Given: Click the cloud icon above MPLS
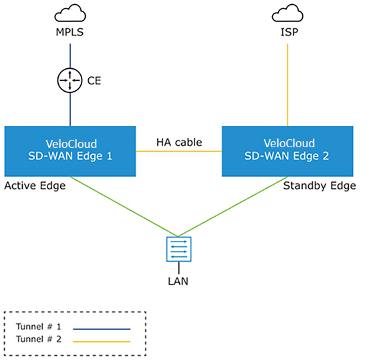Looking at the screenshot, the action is (x=70, y=13).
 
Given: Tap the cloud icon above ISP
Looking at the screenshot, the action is (x=287, y=13).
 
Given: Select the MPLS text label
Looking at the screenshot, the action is (x=70, y=32).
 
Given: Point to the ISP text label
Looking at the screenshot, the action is (x=289, y=32).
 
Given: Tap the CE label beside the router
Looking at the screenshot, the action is (x=94, y=81).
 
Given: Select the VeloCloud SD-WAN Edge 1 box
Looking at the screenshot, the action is (x=70, y=151).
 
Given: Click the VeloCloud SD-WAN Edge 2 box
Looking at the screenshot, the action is (x=287, y=151).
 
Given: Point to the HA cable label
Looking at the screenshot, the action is (x=179, y=143).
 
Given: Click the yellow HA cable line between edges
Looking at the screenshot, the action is (x=179, y=151).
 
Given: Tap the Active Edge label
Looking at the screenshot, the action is (x=35, y=186).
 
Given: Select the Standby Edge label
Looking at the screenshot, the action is (x=319, y=186).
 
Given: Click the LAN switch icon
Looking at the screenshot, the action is (x=178, y=249).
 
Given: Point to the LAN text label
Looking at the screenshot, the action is (x=178, y=281).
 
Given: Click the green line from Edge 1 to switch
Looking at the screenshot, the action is (x=124, y=206).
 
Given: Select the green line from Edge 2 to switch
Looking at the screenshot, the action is (x=233, y=206).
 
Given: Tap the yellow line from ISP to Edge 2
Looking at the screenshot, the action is (x=287, y=85).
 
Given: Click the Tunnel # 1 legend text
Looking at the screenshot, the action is (x=39, y=327).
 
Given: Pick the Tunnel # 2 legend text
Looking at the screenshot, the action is (x=39, y=339).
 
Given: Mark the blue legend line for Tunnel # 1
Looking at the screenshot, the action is (x=102, y=329).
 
